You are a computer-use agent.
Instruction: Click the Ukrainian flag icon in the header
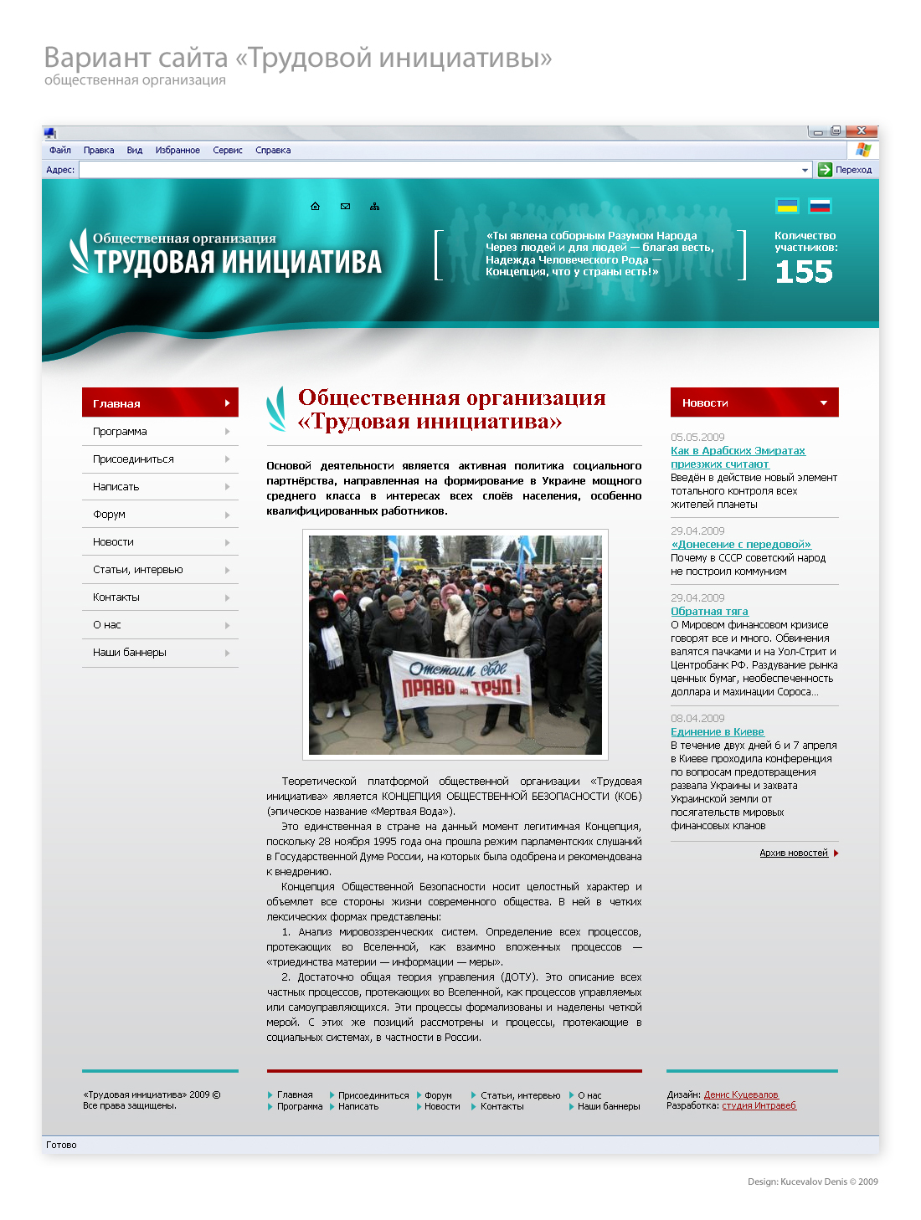pyautogui.click(x=787, y=206)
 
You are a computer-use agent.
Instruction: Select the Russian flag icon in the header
pyautogui.click(x=820, y=206)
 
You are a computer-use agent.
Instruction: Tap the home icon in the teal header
pyautogui.click(x=316, y=207)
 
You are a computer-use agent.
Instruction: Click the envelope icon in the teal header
pyautogui.click(x=345, y=207)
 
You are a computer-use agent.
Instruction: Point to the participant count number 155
pyautogui.click(x=804, y=272)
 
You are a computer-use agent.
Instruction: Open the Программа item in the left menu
pyautogui.click(x=120, y=432)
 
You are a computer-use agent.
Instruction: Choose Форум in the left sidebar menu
pyautogui.click(x=110, y=515)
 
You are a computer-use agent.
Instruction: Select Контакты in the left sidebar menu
pyautogui.click(x=116, y=597)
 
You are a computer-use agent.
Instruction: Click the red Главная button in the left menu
pyautogui.click(x=160, y=402)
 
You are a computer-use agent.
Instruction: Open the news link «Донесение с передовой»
pyautogui.click(x=741, y=545)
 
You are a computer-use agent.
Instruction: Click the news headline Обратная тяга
pyautogui.click(x=709, y=612)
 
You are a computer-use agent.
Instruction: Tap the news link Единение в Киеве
pyautogui.click(x=718, y=732)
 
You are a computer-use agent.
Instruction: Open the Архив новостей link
pyautogui.click(x=794, y=853)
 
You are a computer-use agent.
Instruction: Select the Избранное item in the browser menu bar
pyautogui.click(x=178, y=151)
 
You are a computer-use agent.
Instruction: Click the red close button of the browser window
pyautogui.click(x=862, y=131)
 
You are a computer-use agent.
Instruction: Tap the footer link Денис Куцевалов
pyautogui.click(x=741, y=1094)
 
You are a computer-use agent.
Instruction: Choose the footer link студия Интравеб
pyautogui.click(x=759, y=1105)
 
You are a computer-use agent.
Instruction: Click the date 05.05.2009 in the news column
pyautogui.click(x=697, y=438)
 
